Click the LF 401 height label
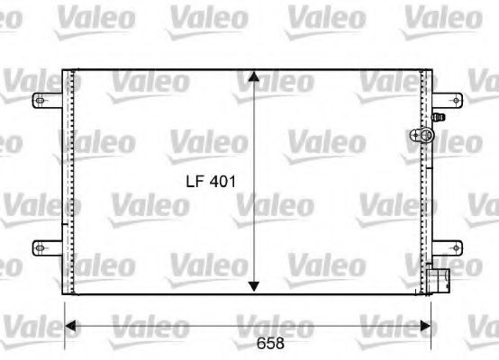tap(210, 181)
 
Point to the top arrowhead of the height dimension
tap(255, 74)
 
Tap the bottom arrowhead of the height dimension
tap(255, 285)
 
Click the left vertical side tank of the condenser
tap(68, 180)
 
